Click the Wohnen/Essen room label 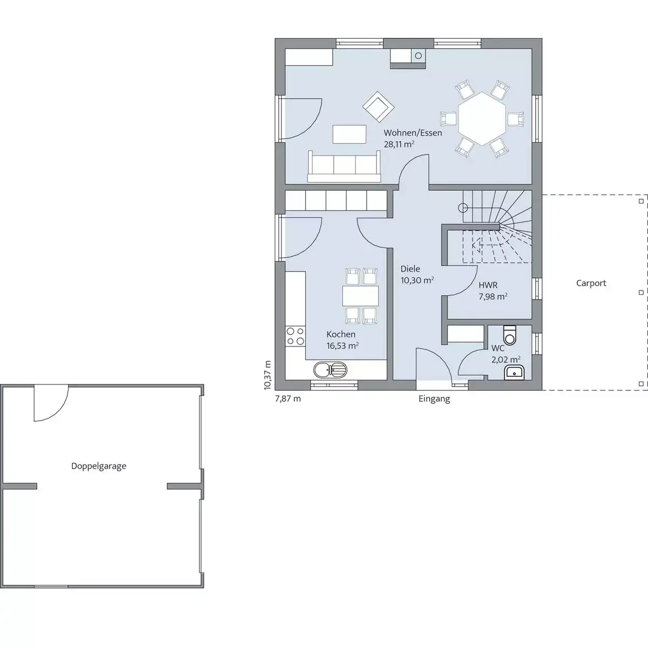(413, 133)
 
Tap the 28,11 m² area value (399, 144)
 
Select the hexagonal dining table (482, 119)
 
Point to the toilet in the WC (510, 335)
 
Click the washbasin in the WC (514, 372)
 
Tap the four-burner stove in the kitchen (295, 336)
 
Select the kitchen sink (330, 370)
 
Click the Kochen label (341, 334)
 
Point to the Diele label (410, 269)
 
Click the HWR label (488, 285)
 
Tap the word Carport (591, 283)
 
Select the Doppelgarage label (98, 466)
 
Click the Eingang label (434, 399)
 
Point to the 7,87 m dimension (288, 399)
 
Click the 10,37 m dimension (267, 375)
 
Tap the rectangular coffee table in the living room (349, 134)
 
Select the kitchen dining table (361, 295)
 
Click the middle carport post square (641, 293)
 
